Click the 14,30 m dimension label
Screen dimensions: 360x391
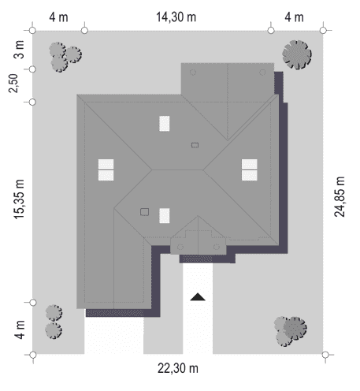pos(176,17)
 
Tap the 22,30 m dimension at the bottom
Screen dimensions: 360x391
pos(178,368)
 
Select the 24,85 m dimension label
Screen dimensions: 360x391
pos(340,196)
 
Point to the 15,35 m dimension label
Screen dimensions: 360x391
pos(19,199)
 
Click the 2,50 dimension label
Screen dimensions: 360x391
pos(13,84)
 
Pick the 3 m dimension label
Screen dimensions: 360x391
pos(19,50)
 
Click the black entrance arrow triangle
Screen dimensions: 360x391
pos(198,297)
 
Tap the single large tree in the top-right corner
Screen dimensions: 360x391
pos(297,54)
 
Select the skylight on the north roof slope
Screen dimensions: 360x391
pos(165,124)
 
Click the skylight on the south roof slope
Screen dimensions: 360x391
pos(165,216)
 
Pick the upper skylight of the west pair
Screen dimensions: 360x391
pos(106,164)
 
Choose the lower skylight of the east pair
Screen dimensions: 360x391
pos(250,176)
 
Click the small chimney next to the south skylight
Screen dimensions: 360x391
pos(144,212)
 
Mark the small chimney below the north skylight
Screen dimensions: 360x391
pos(195,145)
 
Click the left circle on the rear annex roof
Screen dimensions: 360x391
pos(193,73)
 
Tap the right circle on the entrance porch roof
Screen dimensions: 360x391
pos(217,247)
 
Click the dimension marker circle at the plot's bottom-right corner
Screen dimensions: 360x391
pos(325,355)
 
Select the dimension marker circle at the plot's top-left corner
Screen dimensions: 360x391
pos(32,31)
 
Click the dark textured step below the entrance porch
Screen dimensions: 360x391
pos(197,259)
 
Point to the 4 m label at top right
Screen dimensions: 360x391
pos(294,17)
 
